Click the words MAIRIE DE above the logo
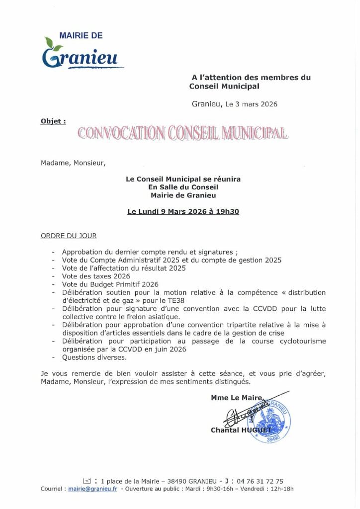coord(81,36)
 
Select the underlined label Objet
coord(53,120)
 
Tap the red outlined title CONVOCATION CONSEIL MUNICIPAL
coord(182,133)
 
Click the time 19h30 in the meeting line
coord(228,211)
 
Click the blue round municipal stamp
coord(270,422)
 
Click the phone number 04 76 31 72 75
coord(261,481)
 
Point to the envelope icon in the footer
coord(87,481)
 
